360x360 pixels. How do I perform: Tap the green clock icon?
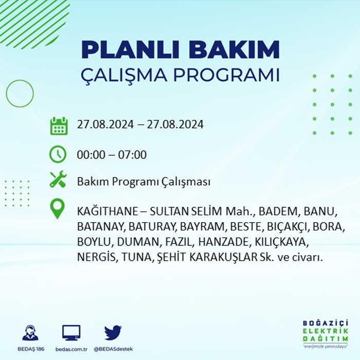[x=58, y=154]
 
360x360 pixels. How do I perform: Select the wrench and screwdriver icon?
[x=58, y=179]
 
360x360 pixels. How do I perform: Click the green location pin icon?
[x=58, y=208]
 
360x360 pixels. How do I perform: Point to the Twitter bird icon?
[x=113, y=332]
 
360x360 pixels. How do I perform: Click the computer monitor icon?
[x=71, y=333]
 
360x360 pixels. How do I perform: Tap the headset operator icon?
[x=30, y=332]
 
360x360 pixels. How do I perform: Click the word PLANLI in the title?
[x=130, y=49]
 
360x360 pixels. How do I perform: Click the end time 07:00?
[x=132, y=154]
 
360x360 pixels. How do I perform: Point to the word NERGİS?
[x=96, y=257]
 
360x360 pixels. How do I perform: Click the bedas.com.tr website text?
[x=71, y=349]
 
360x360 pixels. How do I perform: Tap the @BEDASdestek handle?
[x=113, y=349]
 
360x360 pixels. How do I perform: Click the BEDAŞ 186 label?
[x=31, y=349]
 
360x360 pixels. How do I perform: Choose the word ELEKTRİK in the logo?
[x=326, y=331]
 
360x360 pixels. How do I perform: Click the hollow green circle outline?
[x=20, y=80]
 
